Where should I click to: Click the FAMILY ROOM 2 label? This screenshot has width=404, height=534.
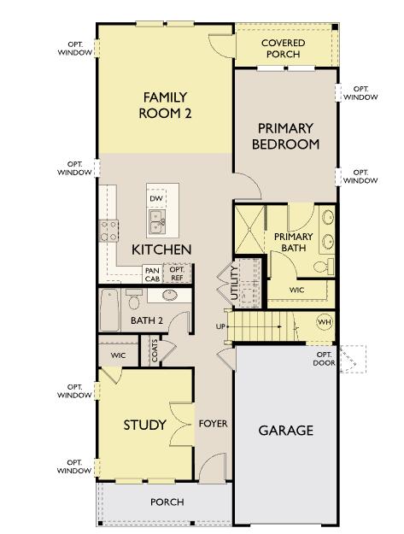click(x=165, y=105)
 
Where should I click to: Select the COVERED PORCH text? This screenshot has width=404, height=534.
click(x=283, y=48)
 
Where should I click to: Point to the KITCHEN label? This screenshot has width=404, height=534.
click(x=161, y=249)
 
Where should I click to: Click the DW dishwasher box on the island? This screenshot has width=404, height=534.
click(x=155, y=198)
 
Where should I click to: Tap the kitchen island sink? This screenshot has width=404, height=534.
click(x=157, y=223)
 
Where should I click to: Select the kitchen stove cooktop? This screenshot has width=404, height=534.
click(x=110, y=228)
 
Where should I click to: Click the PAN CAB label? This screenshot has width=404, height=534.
click(x=152, y=274)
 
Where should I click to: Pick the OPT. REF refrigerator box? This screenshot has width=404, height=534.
click(x=178, y=274)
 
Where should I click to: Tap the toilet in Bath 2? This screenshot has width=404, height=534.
click(x=134, y=302)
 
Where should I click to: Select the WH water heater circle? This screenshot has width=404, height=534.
click(x=325, y=322)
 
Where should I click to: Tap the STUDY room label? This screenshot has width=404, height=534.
click(x=144, y=425)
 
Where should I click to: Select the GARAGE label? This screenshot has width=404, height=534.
click(x=286, y=430)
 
